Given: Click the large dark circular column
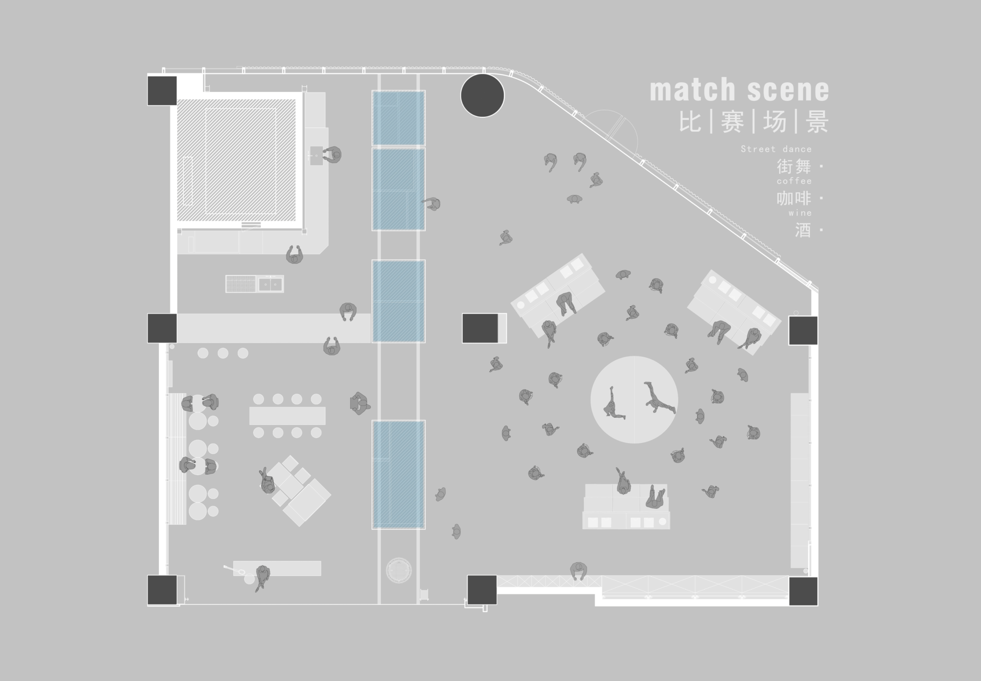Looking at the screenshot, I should coord(482,95).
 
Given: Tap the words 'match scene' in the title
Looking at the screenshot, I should coord(739,90).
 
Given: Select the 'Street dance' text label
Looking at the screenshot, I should coord(776,149).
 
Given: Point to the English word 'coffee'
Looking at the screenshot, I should coord(794,181).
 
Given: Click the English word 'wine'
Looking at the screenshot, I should coord(800,213).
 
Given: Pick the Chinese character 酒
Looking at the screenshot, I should coord(803,230).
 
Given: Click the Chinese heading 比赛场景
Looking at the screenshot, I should coord(754,122).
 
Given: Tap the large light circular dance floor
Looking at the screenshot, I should coord(634,400).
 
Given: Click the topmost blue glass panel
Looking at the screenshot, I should coord(398,118).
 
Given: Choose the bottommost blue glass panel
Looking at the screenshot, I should coord(398,474).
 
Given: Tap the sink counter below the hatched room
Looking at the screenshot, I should coord(254,284).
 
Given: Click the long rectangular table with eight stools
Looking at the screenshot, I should coord(287,416).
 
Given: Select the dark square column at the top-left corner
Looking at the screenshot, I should coord(162,91).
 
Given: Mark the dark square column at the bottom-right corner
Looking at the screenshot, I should coord(803,591).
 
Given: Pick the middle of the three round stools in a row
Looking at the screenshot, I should coord(223,353).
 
